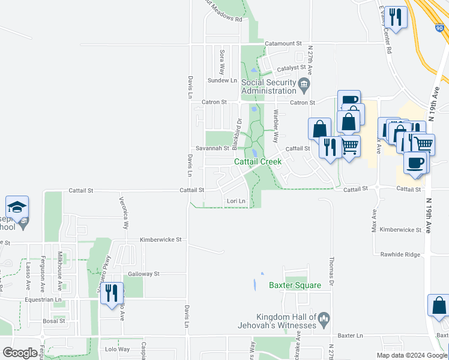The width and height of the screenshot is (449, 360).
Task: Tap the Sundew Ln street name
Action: [x=222, y=80]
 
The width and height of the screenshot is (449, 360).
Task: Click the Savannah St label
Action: [x=212, y=148]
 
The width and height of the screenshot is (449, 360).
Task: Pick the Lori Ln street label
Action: [x=236, y=201]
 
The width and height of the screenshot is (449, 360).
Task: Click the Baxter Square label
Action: [x=295, y=286]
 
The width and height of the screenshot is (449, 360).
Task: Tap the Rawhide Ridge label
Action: [x=400, y=254]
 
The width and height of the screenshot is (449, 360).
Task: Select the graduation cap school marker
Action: [x=17, y=207]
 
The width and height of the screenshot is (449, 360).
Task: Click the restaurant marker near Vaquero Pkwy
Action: [x=112, y=293]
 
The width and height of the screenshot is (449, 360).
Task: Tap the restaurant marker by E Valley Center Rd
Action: [x=395, y=16]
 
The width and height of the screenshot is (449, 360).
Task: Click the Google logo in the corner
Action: [x=20, y=353]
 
